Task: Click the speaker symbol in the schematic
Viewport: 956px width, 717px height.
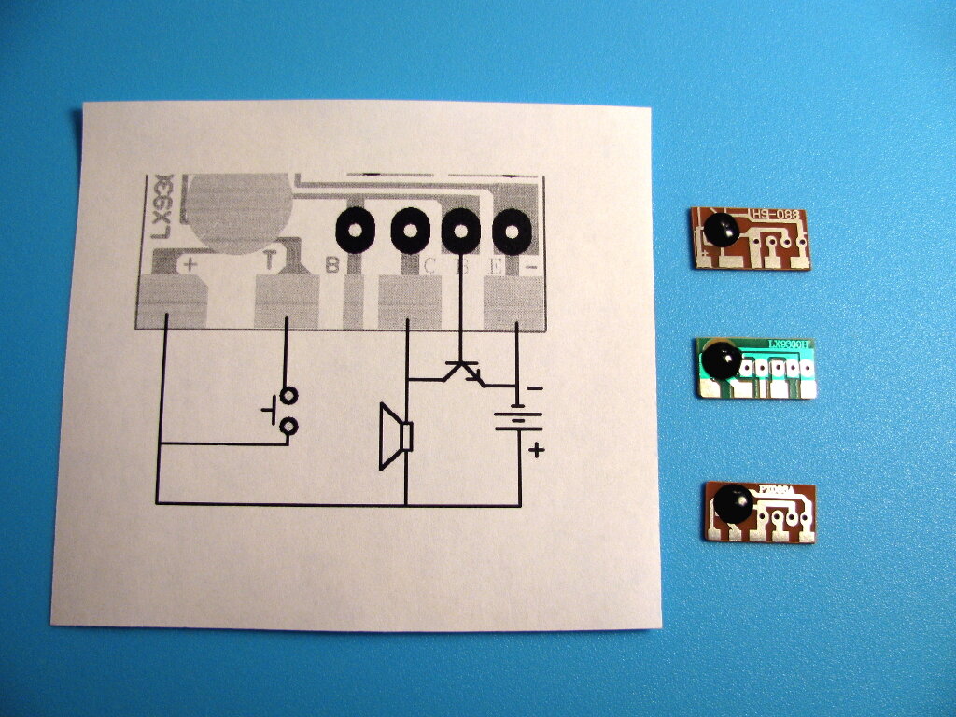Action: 397,436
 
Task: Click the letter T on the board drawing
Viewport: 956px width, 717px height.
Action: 270,260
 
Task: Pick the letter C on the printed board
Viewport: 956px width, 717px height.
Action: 429,266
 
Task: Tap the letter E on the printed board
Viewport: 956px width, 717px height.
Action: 496,267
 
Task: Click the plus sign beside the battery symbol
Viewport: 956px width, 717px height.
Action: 536,451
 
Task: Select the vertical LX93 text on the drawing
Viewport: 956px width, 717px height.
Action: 161,211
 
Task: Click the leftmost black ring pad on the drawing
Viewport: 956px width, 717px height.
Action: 356,228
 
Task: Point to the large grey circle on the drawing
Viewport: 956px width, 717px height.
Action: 238,211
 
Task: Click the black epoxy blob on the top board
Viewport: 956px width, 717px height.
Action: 720,228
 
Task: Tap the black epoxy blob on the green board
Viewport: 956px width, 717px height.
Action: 720,359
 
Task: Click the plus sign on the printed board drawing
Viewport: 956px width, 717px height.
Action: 190,263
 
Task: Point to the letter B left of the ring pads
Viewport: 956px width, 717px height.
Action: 331,265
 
